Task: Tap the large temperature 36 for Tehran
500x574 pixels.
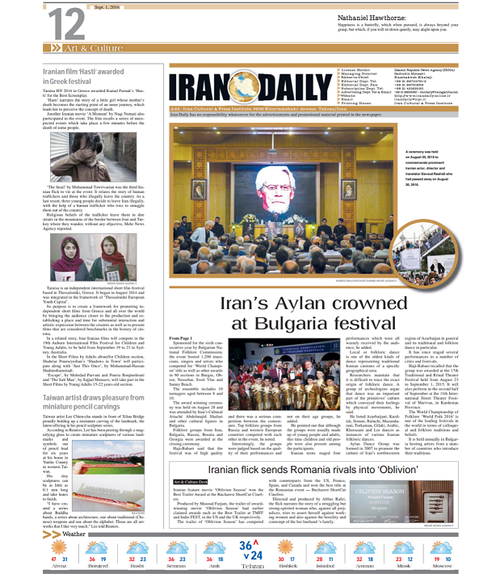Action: [x=246, y=547]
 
